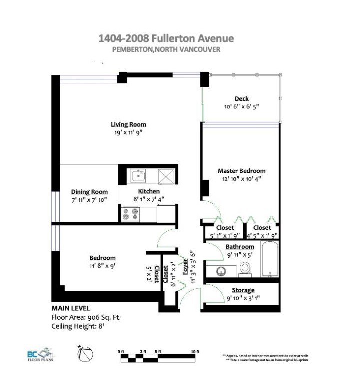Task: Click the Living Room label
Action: click(x=128, y=124)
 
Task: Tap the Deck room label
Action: click(x=241, y=99)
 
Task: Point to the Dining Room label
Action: click(x=89, y=191)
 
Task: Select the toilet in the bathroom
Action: click(x=245, y=269)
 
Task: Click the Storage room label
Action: click(x=243, y=290)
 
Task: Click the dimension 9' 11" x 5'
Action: click(x=239, y=254)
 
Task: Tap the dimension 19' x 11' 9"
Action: click(x=128, y=133)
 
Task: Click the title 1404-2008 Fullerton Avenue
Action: click(x=166, y=39)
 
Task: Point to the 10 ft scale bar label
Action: click(x=194, y=351)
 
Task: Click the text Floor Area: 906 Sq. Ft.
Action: click(x=86, y=317)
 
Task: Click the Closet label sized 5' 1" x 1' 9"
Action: click(x=225, y=228)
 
